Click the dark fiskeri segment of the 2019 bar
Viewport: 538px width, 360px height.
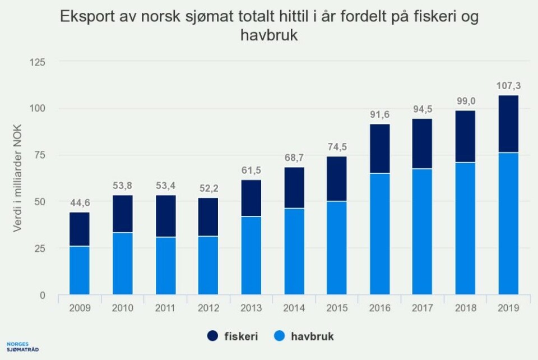pos(508,124)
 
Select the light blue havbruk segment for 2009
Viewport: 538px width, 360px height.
pos(79,270)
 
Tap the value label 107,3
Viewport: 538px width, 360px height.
pos(508,87)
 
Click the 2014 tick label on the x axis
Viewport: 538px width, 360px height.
pos(294,308)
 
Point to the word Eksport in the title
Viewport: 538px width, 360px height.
pos(89,17)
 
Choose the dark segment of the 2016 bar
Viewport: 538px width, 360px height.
pos(379,149)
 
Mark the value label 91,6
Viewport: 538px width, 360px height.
pos(379,116)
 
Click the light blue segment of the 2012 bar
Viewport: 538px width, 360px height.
pos(208,265)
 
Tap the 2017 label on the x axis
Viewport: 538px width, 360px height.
pos(422,308)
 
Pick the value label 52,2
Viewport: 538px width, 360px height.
pos(208,189)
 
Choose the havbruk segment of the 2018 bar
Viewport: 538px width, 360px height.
pos(465,229)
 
